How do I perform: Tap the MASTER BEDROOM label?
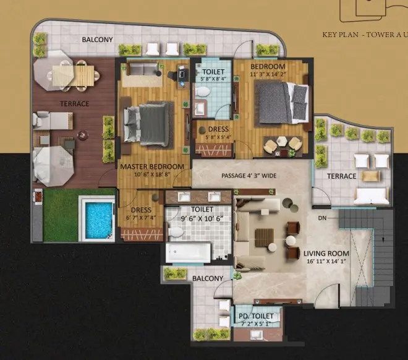coord(152,167)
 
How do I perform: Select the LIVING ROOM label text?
coord(326,254)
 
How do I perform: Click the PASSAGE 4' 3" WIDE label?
coord(249,176)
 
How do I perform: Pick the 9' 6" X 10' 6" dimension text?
coord(201,218)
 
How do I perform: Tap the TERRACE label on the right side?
coord(342,176)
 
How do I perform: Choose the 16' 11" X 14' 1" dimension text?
coord(326,262)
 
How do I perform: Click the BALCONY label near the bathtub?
coord(208,279)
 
